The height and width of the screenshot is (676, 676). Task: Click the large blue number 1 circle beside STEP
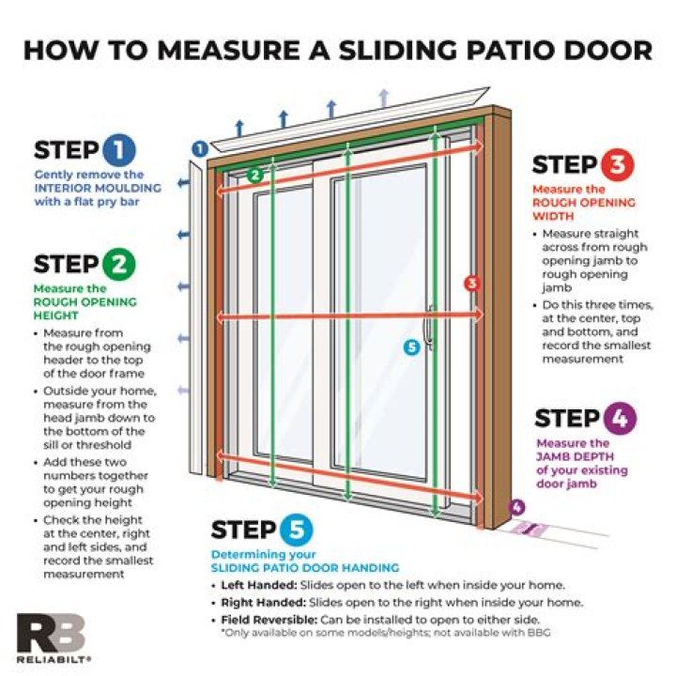119,149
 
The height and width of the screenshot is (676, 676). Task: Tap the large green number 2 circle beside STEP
119,264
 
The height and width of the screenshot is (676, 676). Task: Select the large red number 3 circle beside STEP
618,164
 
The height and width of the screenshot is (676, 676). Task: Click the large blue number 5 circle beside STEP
297,530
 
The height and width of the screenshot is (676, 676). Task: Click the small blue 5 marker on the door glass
409,346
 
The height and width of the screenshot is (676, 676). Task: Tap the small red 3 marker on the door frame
472,282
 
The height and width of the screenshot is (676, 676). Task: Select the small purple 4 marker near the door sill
515,508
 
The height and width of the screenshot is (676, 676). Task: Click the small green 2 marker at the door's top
254,175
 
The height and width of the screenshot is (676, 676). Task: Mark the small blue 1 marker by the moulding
199,147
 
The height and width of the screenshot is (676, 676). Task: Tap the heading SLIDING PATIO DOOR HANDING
304,567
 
